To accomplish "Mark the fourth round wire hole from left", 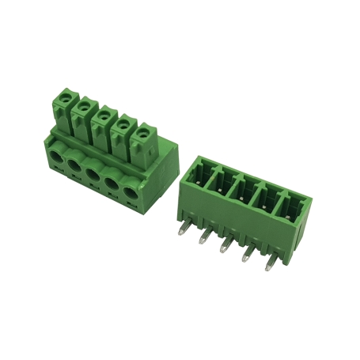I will (x=115, y=184).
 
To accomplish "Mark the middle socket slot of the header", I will (x=241, y=194).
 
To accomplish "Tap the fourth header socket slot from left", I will (x=263, y=203).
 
